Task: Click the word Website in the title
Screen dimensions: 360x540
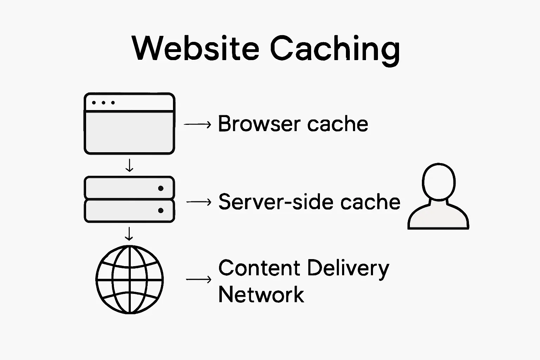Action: click(195, 48)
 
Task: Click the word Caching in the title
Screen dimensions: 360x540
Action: click(335, 49)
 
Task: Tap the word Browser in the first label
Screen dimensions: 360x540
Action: click(259, 124)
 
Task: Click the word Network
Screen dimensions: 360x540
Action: click(261, 295)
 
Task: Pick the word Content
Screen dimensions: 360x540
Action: click(259, 268)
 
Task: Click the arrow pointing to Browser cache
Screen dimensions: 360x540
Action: click(198, 124)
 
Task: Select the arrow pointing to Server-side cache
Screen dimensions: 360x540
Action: click(199, 202)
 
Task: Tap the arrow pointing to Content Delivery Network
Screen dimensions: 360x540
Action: click(199, 279)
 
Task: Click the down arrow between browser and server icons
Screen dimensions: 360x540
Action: click(129, 165)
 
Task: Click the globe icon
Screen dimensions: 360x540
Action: click(130, 279)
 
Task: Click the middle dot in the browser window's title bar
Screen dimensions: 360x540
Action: click(103, 103)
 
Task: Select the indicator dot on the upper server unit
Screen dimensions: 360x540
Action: click(161, 188)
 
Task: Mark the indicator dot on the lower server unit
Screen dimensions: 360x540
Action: click(161, 211)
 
